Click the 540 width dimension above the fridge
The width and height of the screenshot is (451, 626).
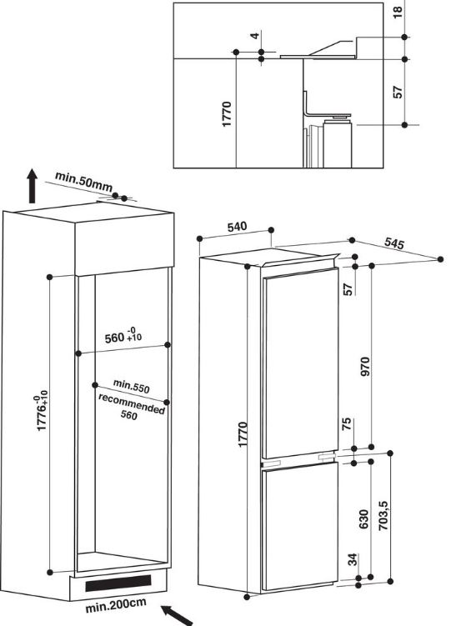238,227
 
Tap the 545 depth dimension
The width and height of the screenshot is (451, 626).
394,244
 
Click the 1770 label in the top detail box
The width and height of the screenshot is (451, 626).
226,113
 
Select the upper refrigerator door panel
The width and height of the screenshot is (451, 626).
300,367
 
